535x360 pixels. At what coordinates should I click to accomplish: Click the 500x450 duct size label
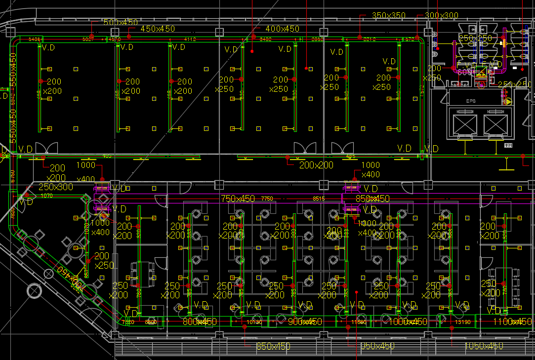coord(121,23)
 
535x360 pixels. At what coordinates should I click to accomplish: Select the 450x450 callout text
coord(158,29)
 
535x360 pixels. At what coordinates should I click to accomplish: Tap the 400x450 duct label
coord(282,29)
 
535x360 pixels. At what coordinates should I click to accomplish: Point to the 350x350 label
coord(389,16)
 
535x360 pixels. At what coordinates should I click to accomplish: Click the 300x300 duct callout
coord(441,16)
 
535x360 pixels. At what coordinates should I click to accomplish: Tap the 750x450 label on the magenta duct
coord(238,199)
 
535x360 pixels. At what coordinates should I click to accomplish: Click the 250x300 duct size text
coord(55,187)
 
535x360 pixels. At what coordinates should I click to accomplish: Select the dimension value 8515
coord(319,199)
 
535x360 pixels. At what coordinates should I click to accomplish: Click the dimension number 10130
coord(253,322)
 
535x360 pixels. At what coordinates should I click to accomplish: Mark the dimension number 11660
coord(359,322)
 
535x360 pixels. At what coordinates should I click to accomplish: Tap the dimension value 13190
coord(462,322)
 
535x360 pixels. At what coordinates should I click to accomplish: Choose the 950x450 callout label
coord(377,346)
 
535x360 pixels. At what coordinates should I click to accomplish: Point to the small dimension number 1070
coord(46,196)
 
